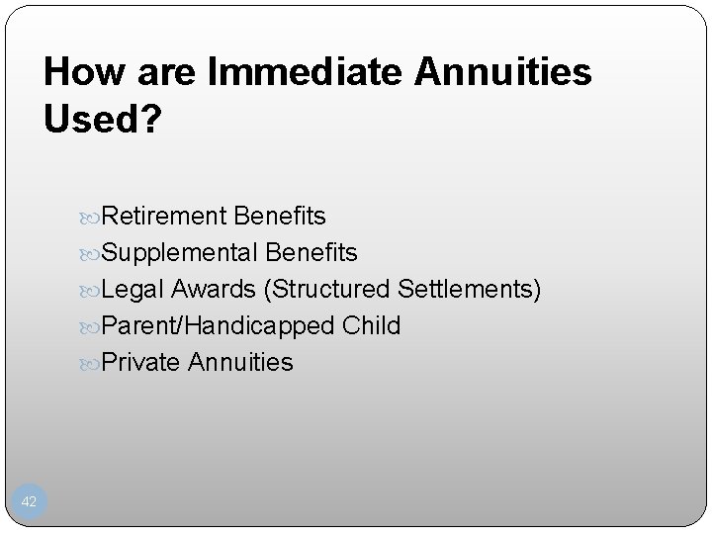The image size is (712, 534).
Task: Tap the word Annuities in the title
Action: tap(507, 73)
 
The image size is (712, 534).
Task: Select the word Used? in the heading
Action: tap(101, 119)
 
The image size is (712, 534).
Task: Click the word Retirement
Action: tap(164, 216)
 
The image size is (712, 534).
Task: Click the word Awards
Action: tap(216, 290)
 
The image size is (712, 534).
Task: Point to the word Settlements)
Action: tap(470, 290)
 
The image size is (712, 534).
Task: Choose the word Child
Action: tap(373, 326)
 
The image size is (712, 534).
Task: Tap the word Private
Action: tap(140, 363)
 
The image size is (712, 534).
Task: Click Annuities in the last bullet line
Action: tap(240, 363)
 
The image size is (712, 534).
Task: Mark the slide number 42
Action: tap(29, 502)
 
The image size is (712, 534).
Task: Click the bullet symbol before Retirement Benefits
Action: tap(92, 217)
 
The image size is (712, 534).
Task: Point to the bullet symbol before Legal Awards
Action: tap(92, 291)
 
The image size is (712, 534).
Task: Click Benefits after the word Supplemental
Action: tap(311, 253)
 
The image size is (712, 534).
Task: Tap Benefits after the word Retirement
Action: tap(280, 216)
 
